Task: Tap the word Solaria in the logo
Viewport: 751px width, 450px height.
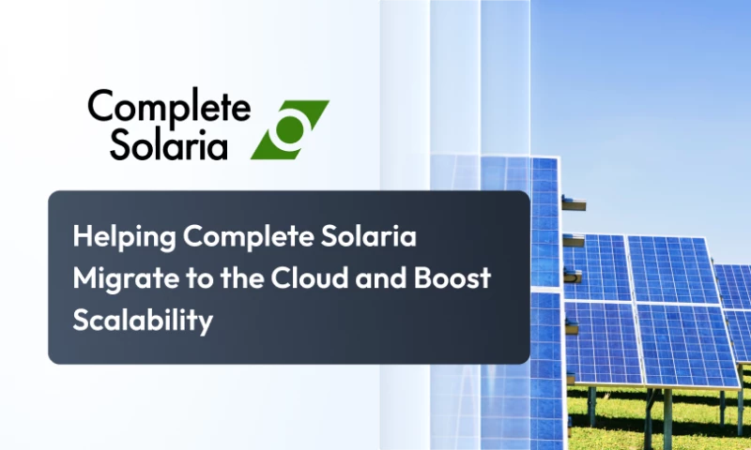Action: coord(169,143)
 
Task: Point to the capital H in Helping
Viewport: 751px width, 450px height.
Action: coord(82,237)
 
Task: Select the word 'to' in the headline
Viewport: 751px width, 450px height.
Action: coord(191,278)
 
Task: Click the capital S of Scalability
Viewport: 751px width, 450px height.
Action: coord(81,320)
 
